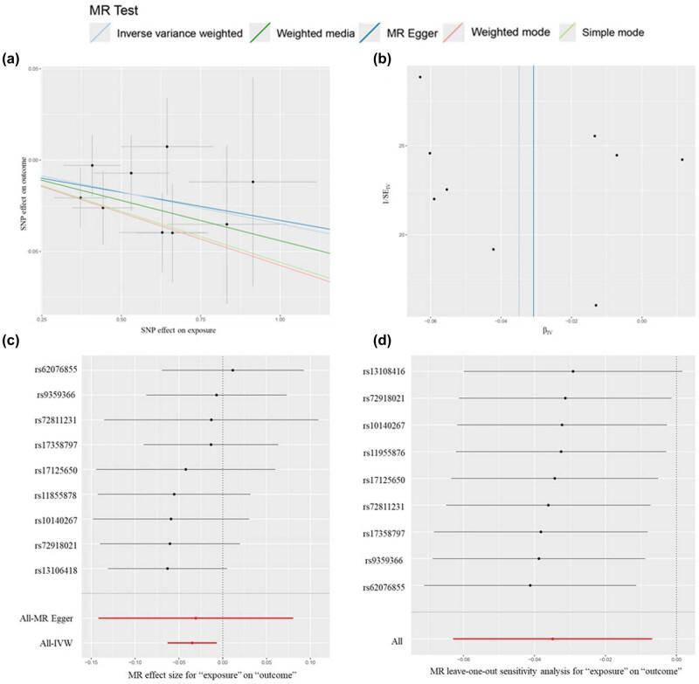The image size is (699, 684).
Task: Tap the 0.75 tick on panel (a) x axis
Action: [x=200, y=320]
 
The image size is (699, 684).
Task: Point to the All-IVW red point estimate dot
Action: [x=192, y=643]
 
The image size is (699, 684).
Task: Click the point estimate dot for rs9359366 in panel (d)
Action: [x=539, y=558]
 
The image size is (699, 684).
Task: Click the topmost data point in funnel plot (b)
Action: [x=420, y=77]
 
